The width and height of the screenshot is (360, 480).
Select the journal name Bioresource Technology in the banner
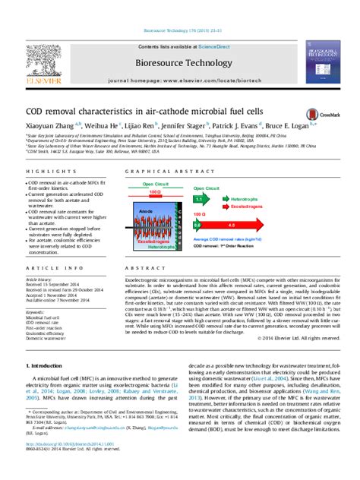click(179, 58)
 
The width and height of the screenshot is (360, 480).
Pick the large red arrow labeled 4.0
click(243, 226)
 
